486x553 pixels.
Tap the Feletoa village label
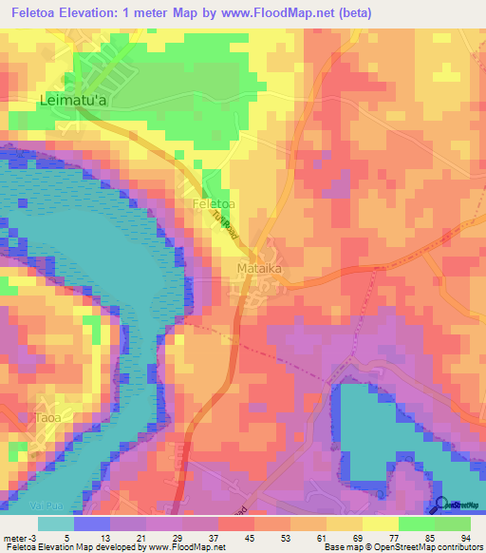coord(214,203)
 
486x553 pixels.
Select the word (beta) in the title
coord(352,12)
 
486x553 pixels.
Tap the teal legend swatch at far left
coord(56,523)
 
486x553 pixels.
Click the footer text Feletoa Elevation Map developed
coord(71,547)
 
